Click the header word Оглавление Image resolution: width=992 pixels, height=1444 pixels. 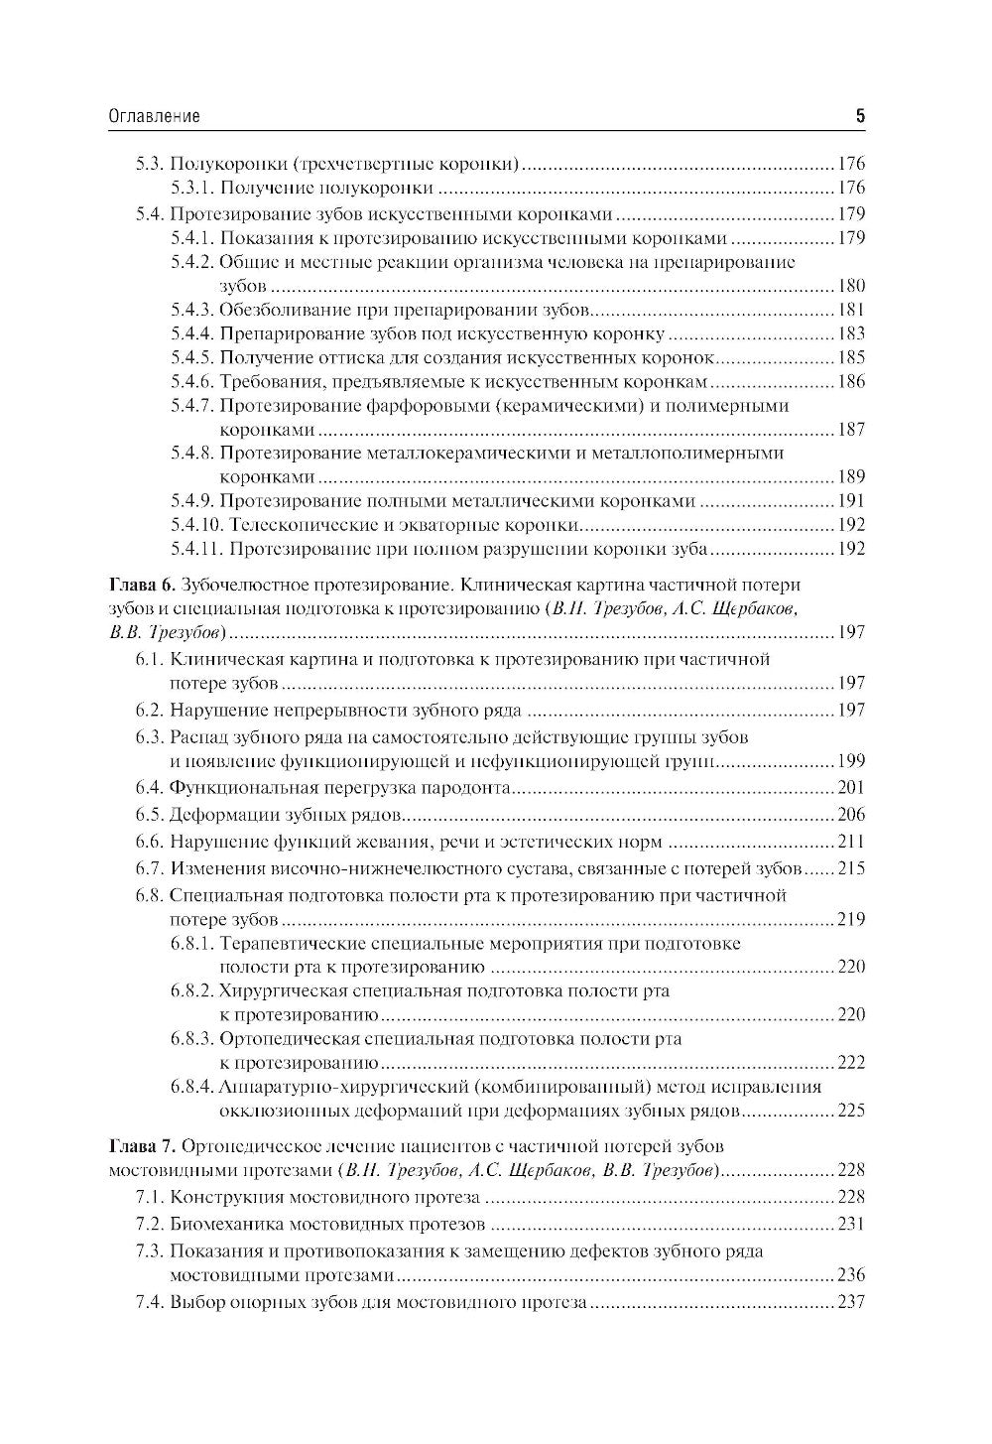[154, 117]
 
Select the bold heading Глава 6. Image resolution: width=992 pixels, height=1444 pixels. [142, 585]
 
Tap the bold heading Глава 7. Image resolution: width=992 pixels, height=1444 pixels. [142, 1146]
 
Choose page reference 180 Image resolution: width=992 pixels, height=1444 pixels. [851, 286]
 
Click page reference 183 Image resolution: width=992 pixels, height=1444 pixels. [851, 333]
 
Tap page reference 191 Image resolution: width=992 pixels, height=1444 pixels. [851, 501]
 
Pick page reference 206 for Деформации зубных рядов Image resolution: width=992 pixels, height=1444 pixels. [851, 815]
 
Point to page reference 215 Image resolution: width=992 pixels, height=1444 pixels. [851, 868]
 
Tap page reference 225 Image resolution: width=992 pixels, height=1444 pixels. [851, 1111]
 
